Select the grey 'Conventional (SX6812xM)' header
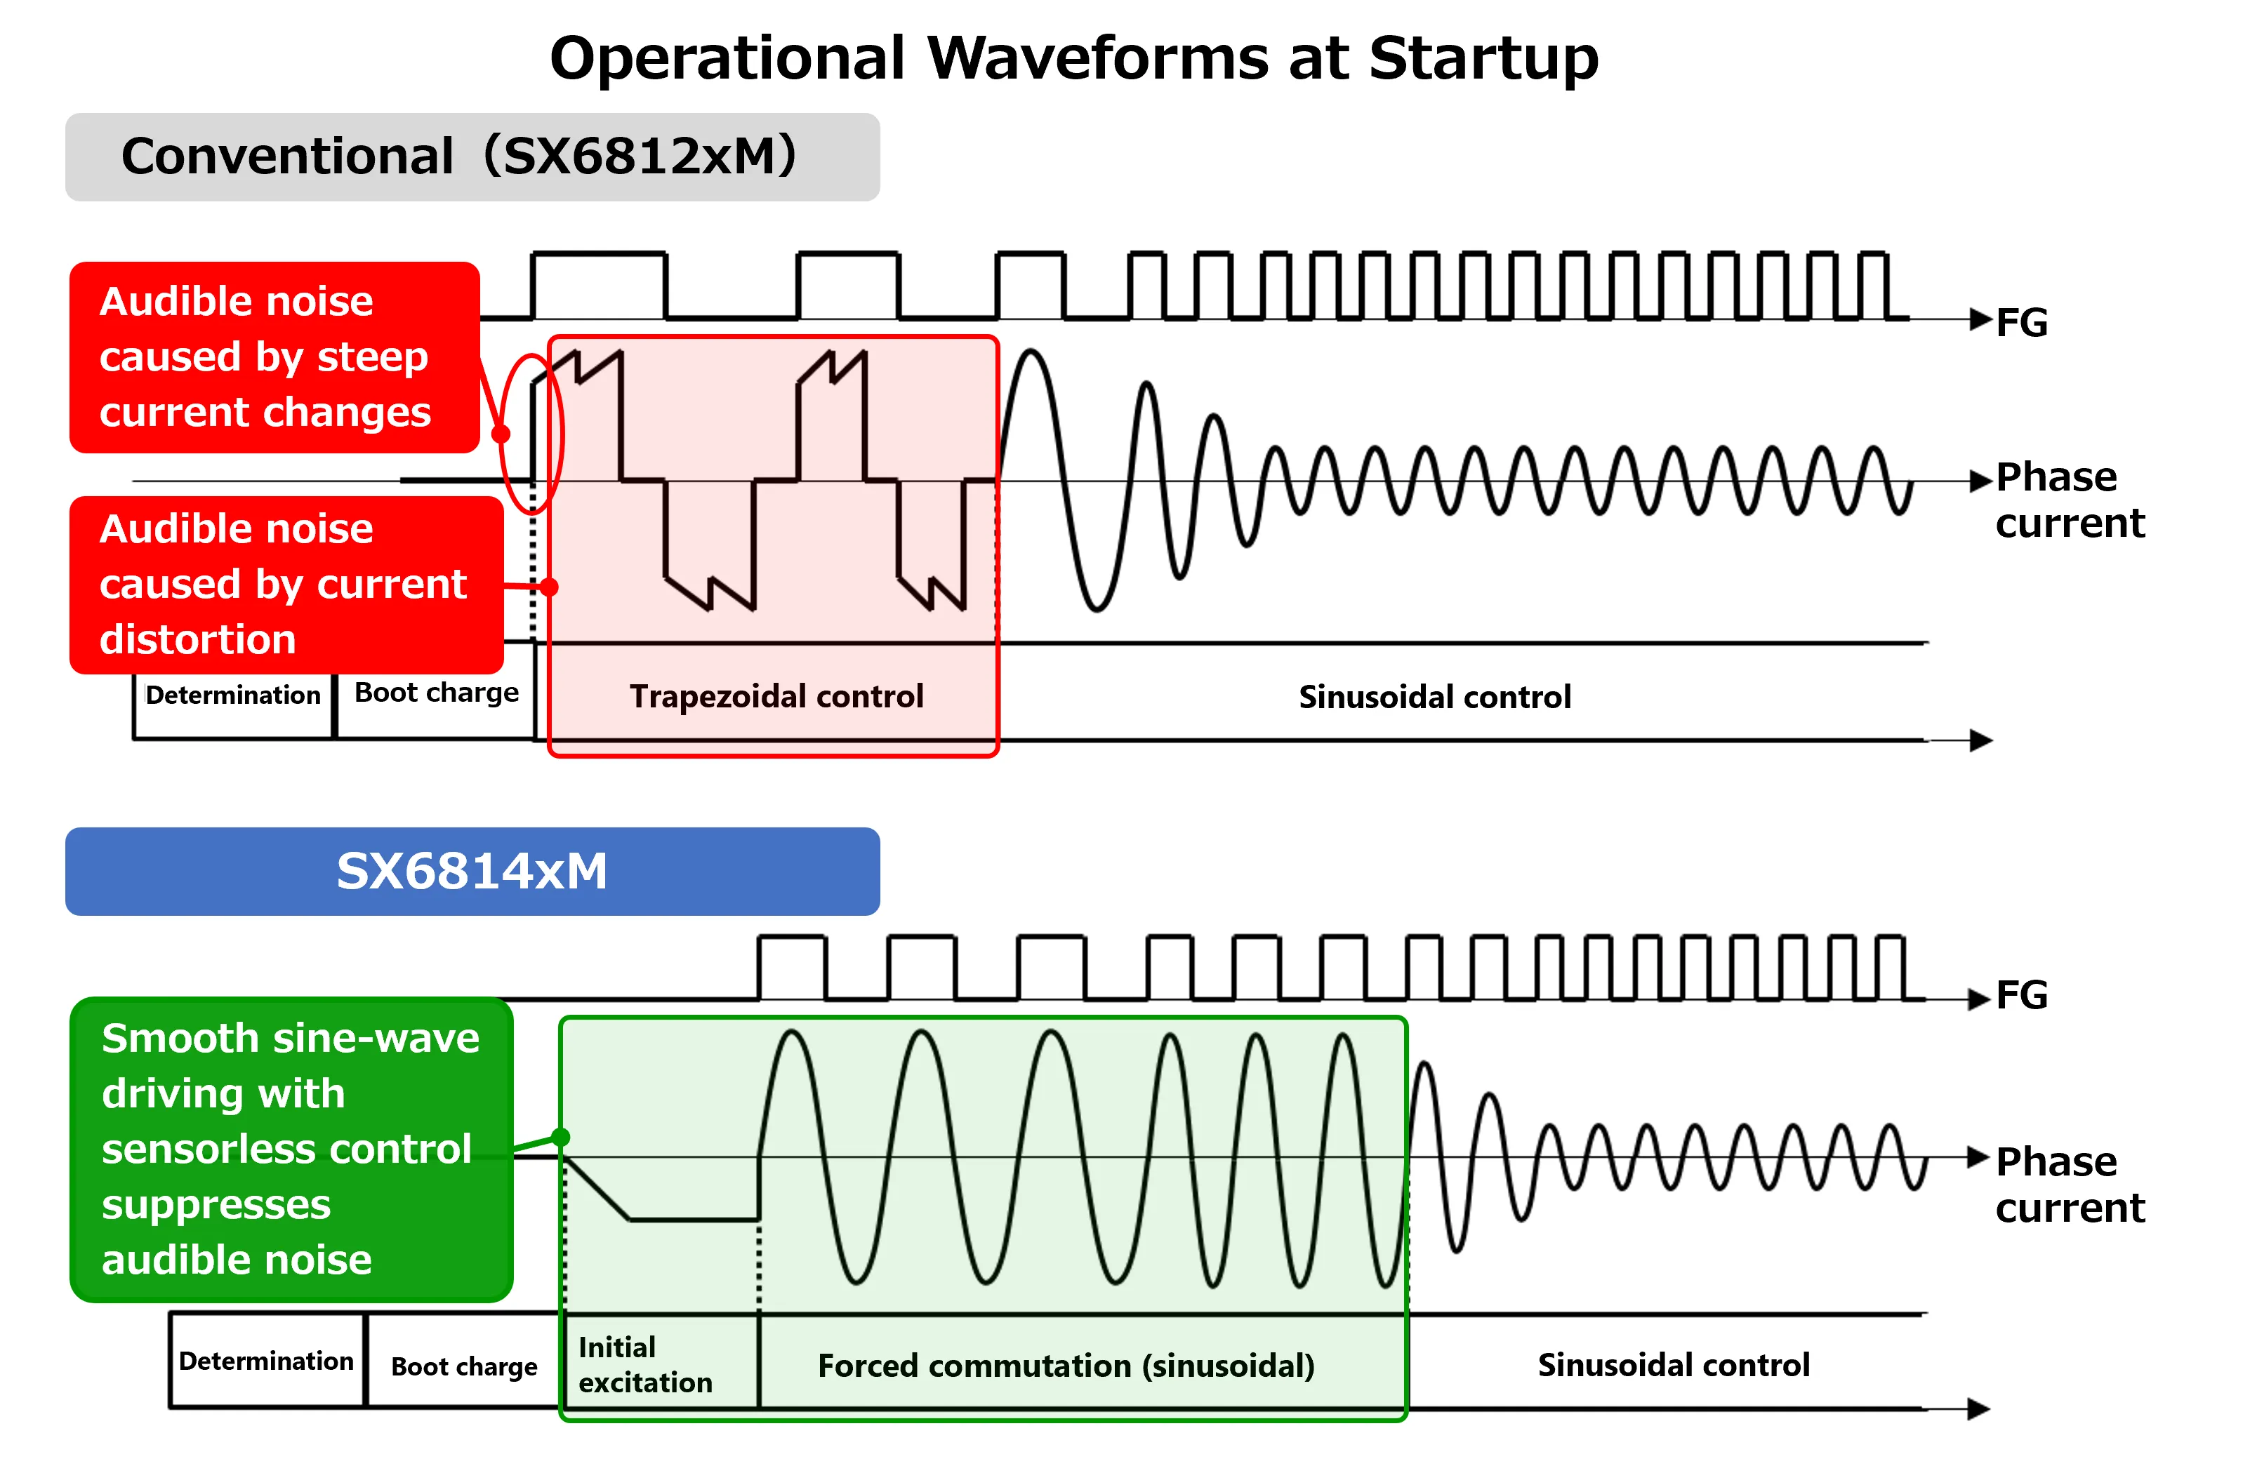click(472, 157)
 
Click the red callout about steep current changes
click(274, 357)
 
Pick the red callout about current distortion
click(286, 584)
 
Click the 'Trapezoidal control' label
click(776, 697)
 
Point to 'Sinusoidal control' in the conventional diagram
click(1434, 698)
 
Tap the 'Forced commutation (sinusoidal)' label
click(1066, 1366)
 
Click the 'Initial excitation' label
click(644, 1365)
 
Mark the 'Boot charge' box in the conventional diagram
click(436, 694)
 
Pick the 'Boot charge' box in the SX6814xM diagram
click(463, 1367)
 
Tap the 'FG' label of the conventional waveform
click(2021, 324)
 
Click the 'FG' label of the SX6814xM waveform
click(2021, 995)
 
